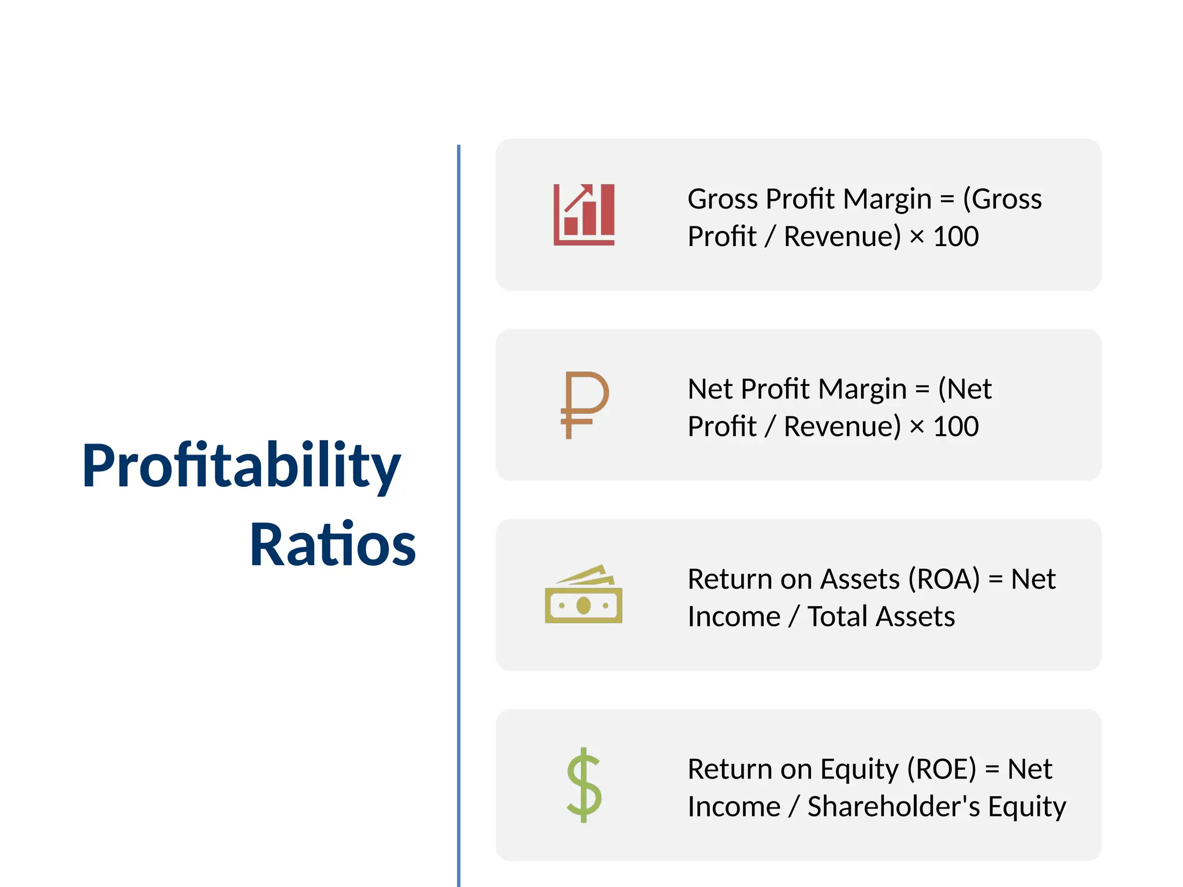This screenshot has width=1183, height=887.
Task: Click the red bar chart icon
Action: [584, 215]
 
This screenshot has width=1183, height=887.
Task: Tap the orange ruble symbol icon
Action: [584, 405]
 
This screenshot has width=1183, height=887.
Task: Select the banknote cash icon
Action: [583, 595]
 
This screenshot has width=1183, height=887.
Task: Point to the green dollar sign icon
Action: [584, 785]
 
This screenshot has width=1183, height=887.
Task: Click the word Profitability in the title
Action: [241, 465]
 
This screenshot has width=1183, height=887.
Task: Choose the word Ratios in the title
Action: [332, 545]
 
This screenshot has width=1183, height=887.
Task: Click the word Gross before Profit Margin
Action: [723, 199]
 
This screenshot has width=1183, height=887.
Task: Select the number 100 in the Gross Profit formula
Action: [956, 237]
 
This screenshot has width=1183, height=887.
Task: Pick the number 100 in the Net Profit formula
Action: [956, 427]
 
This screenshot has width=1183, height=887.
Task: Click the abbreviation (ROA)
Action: [944, 579]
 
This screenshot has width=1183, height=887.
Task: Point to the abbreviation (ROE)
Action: [941, 769]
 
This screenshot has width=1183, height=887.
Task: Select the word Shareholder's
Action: [894, 807]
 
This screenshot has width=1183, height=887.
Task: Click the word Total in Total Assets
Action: [837, 617]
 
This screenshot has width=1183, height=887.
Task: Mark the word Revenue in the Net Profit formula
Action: [842, 427]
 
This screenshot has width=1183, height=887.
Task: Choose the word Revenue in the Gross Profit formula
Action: [842, 237]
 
